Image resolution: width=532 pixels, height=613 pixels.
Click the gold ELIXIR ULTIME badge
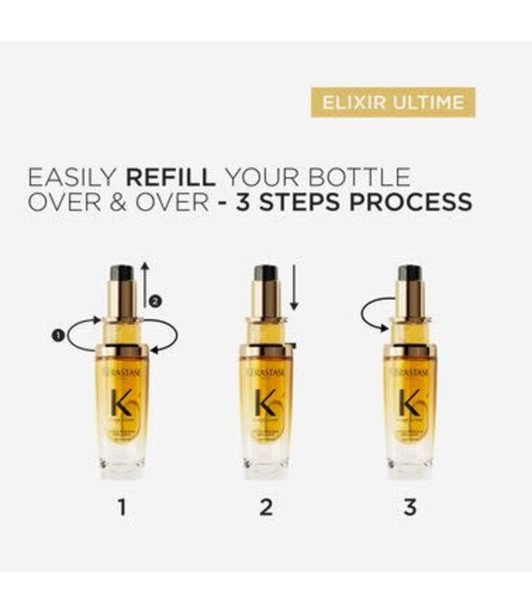click(393, 102)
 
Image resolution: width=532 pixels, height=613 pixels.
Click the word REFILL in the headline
click(171, 177)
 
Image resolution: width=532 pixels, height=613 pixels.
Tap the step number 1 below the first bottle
click(122, 507)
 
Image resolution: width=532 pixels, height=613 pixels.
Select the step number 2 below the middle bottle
click(266, 507)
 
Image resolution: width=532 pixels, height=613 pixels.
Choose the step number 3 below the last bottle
click(410, 507)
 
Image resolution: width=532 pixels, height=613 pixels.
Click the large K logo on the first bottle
click(122, 402)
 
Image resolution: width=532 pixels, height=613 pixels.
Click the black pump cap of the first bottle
click(122, 272)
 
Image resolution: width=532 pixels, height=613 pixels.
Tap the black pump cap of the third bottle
click(410, 272)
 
